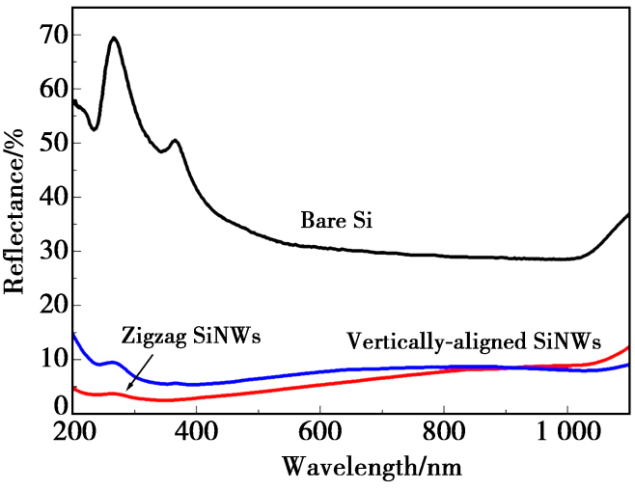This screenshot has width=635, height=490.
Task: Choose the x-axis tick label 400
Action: (197, 430)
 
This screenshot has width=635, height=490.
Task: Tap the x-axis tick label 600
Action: (320, 430)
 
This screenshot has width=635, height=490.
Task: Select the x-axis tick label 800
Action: (444, 430)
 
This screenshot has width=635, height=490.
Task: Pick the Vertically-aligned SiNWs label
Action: (473, 341)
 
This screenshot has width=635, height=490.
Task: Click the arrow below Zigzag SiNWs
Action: (135, 371)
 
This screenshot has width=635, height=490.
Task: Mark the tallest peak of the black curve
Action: (114, 39)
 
